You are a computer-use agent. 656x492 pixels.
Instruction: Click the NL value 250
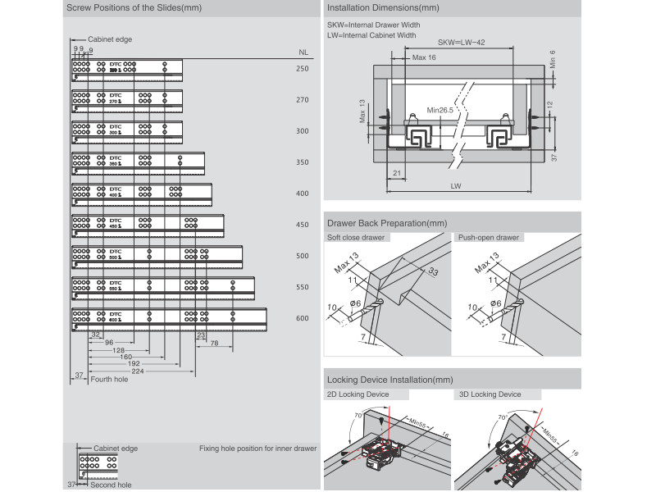pos(303,69)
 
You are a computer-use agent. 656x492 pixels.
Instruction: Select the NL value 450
pos(303,225)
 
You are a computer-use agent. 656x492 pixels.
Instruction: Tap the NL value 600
pos(303,318)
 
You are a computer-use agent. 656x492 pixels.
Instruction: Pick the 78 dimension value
pos(213,344)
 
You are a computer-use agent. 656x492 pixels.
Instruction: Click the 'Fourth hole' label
pos(109,380)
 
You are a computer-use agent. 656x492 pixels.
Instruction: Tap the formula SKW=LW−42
pos(462,42)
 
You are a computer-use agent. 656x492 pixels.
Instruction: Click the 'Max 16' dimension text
pos(424,57)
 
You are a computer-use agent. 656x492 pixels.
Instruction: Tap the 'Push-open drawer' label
pos(489,238)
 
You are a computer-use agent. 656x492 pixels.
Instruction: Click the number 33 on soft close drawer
pos(432,272)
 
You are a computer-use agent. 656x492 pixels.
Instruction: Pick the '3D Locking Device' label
pos(490,394)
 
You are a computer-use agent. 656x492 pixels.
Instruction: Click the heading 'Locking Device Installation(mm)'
pos(389,380)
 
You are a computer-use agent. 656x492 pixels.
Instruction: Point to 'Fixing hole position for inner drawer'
pos(257,449)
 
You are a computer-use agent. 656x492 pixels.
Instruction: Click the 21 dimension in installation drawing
pos(397,174)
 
